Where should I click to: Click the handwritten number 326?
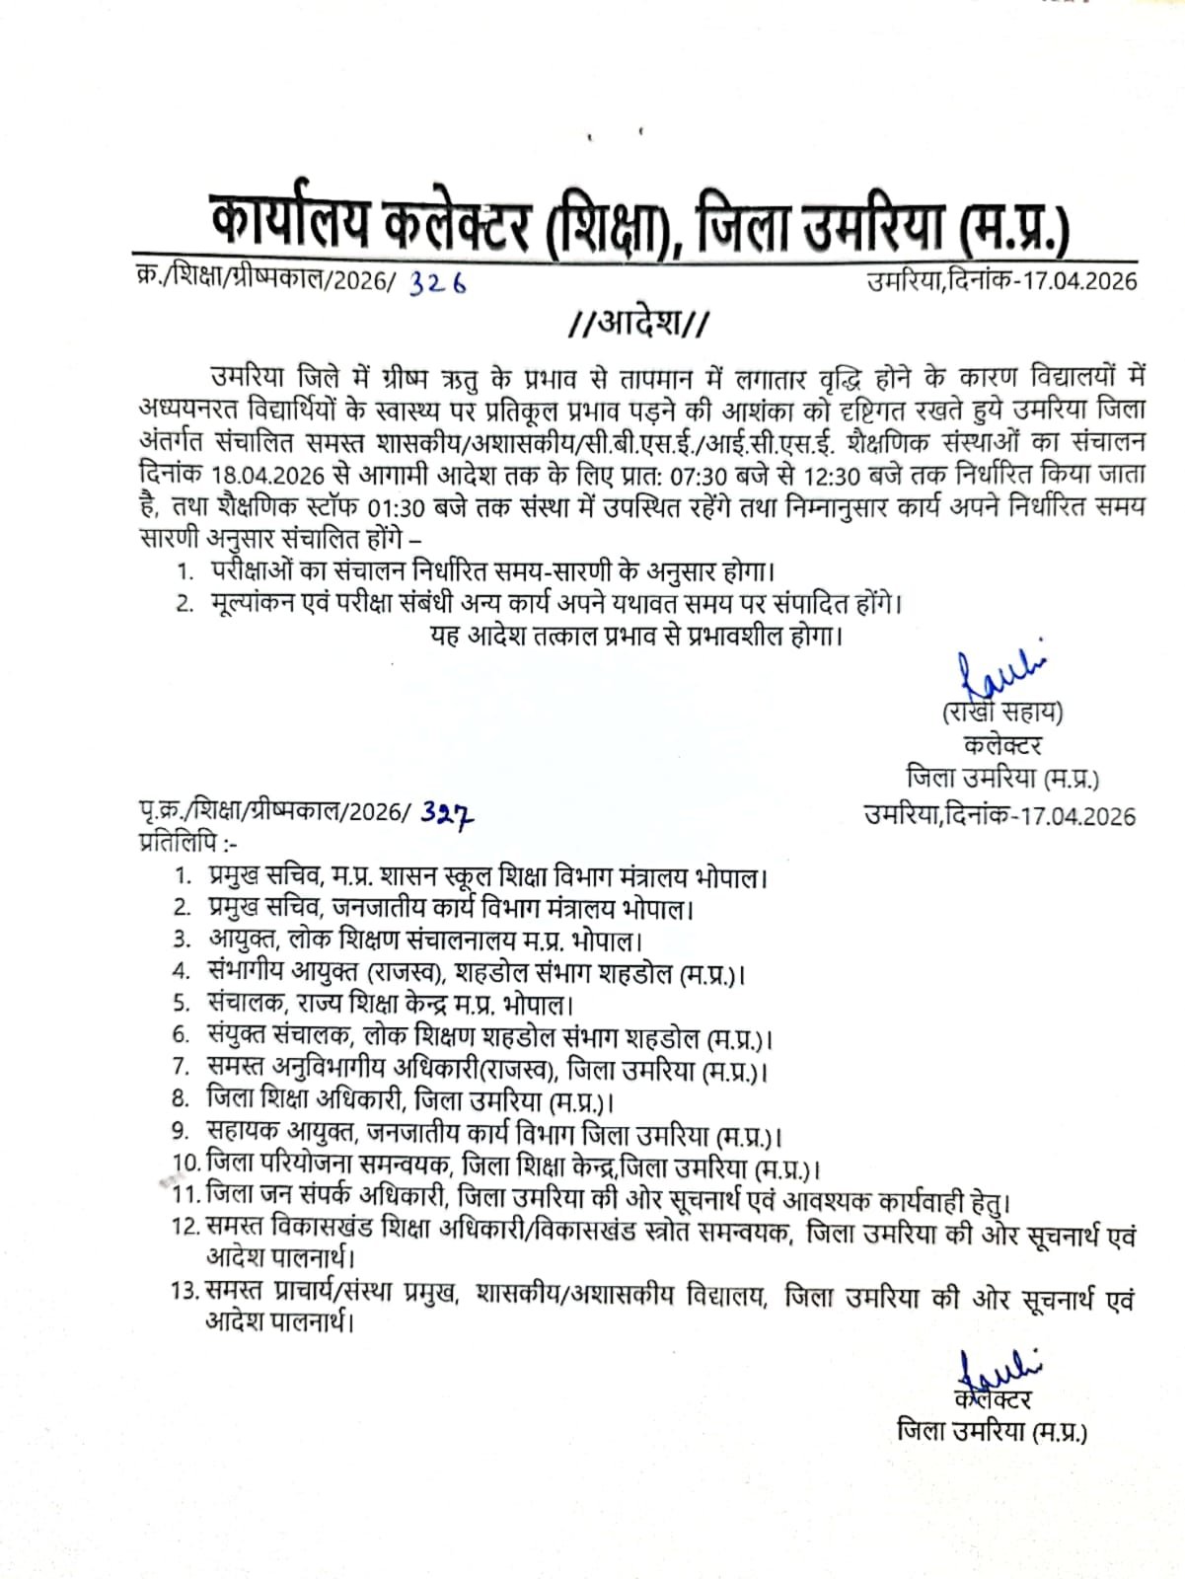coord(438,283)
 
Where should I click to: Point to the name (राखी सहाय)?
coord(1000,712)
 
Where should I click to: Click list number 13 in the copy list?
coord(185,1290)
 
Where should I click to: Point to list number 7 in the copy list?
coord(181,1068)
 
